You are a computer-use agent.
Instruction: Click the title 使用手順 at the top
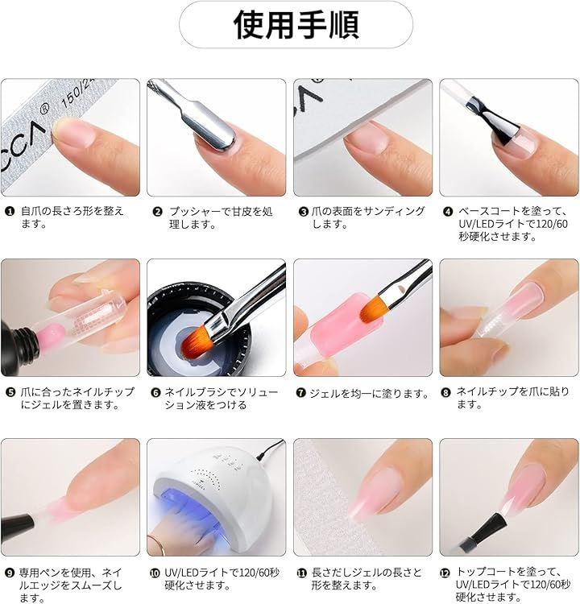(296, 25)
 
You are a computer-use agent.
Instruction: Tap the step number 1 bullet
(10, 212)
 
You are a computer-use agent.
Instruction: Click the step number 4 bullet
(447, 212)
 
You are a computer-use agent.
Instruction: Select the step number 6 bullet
(155, 393)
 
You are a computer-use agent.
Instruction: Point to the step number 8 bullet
(445, 392)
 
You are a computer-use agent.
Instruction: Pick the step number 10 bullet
(155, 573)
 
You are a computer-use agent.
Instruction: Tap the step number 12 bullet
(445, 573)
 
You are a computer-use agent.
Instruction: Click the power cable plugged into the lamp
(269, 450)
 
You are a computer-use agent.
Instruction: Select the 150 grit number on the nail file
(72, 97)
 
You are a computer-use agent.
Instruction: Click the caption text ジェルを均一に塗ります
(369, 393)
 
